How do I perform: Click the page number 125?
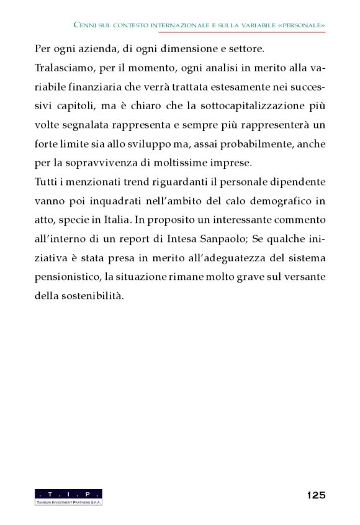click(315, 495)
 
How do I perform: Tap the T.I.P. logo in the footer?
click(68, 496)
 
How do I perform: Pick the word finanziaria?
click(97, 86)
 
